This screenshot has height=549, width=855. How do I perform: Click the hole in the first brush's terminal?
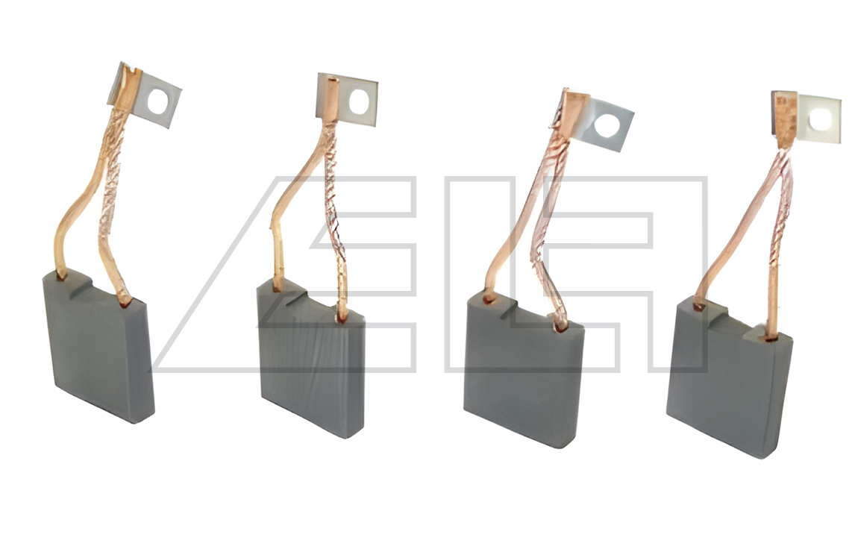point(158,101)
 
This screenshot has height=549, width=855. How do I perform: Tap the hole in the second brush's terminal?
point(359,102)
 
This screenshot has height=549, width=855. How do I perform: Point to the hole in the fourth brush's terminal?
point(821,119)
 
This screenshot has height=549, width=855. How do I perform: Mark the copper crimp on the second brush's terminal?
point(332,99)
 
